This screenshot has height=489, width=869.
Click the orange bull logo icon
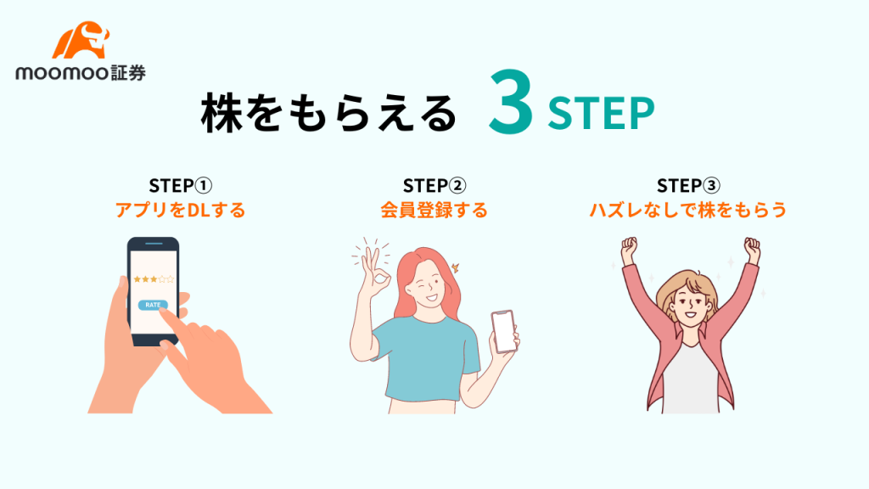click(x=81, y=41)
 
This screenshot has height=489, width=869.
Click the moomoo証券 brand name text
click(x=81, y=73)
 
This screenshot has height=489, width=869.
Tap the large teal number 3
click(x=511, y=103)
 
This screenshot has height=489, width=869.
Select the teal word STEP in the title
click(x=601, y=114)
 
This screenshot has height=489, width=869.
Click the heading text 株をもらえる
click(x=328, y=114)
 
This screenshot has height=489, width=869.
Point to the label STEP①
click(x=181, y=185)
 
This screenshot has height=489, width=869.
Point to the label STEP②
click(x=434, y=185)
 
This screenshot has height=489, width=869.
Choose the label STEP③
click(x=688, y=185)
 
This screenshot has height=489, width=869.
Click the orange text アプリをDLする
click(x=181, y=211)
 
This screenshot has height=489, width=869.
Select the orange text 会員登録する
click(x=434, y=211)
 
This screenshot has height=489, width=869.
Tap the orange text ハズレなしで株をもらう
click(x=687, y=211)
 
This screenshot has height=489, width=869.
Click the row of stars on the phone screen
click(x=154, y=278)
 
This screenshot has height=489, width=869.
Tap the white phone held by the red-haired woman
click(x=504, y=332)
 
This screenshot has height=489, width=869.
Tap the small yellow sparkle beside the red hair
click(x=456, y=267)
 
